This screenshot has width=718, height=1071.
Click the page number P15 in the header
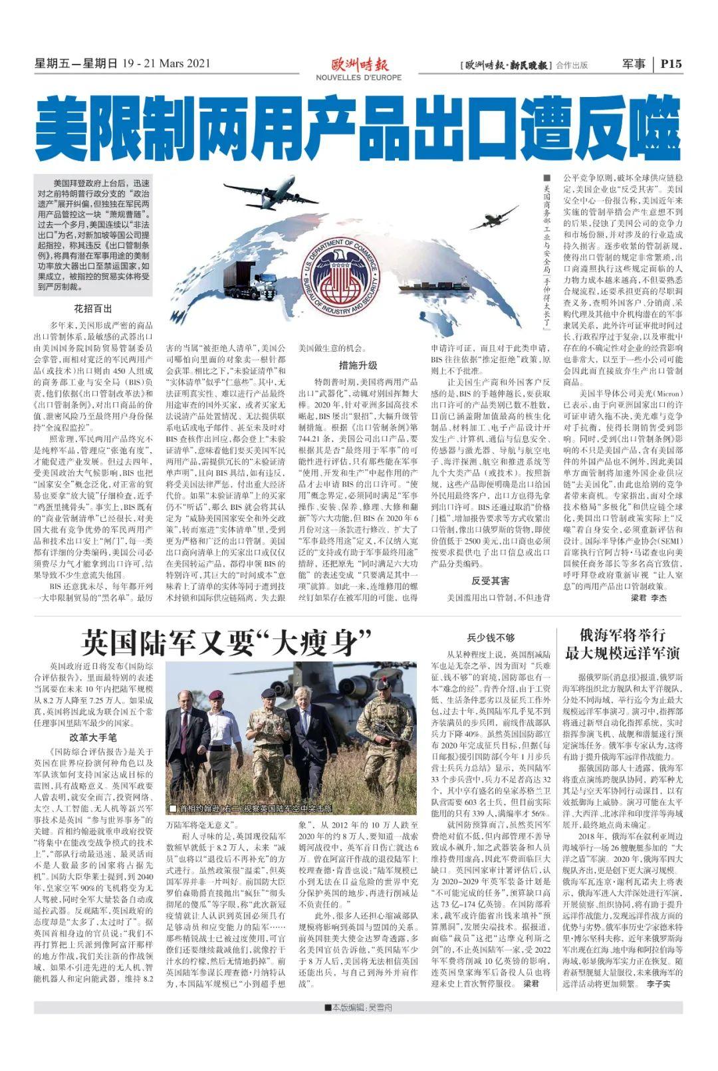(671, 64)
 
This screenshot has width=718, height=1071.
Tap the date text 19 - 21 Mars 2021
(166, 64)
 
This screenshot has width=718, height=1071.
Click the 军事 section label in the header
(634, 64)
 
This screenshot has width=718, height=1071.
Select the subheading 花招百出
(92, 308)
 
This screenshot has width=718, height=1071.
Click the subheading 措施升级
(358, 365)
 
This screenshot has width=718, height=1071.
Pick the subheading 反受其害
(490, 580)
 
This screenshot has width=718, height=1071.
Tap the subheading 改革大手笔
(92, 737)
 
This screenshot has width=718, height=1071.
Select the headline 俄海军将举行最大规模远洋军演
(622, 644)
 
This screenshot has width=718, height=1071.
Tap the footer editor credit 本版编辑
(358, 1007)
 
